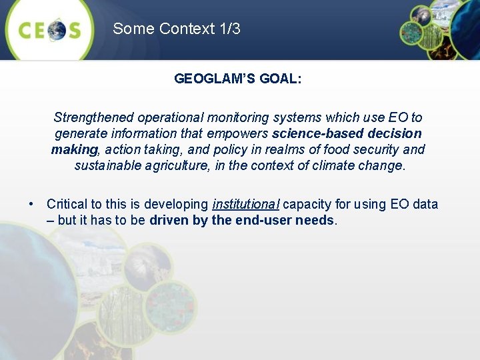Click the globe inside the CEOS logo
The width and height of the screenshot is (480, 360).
click(x=56, y=29)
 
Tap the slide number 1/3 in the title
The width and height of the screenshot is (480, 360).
click(x=229, y=29)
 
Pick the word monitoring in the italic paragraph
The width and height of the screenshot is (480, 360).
click(x=228, y=117)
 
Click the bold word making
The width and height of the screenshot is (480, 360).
click(x=74, y=149)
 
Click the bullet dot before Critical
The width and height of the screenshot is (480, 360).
click(x=31, y=204)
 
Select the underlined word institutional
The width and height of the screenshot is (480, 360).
click(x=246, y=204)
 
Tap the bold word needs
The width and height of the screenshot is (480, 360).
click(x=317, y=220)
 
